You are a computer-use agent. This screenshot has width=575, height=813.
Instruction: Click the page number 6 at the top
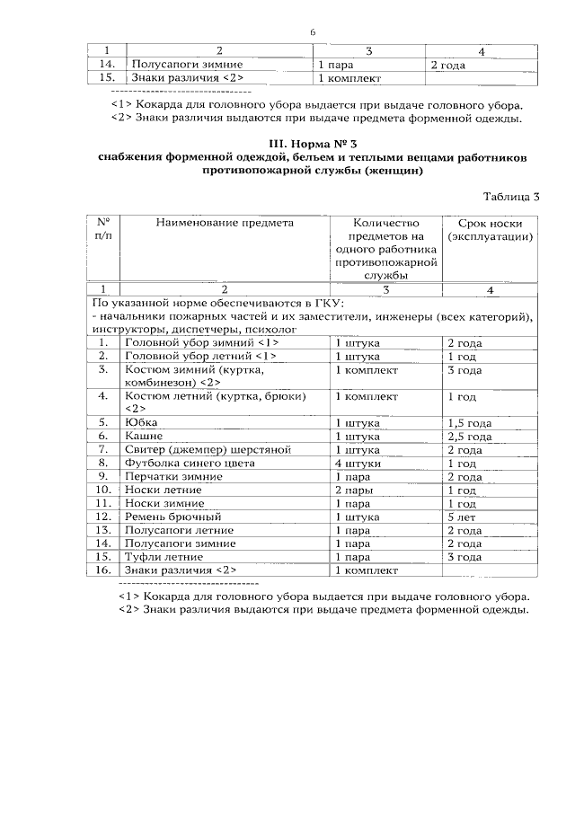(x=313, y=32)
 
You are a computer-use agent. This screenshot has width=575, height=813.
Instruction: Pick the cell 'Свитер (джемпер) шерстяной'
(x=195, y=449)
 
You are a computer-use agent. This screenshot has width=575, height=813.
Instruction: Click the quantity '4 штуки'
(x=358, y=463)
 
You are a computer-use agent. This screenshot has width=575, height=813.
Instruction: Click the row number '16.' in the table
(x=104, y=570)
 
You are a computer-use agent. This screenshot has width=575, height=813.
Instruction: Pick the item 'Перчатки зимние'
(x=170, y=476)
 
